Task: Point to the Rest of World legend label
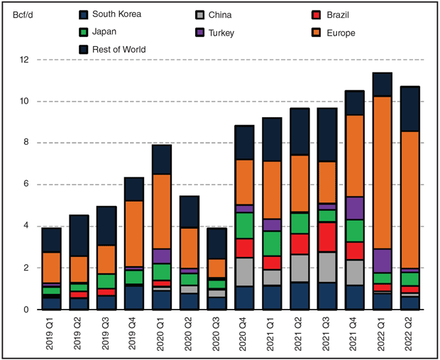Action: tap(125, 49)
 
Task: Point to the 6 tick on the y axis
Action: tap(25, 185)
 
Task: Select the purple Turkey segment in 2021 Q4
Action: tap(355, 208)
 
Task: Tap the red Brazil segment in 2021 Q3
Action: tap(327, 236)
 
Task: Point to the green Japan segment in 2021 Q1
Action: tap(272, 243)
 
